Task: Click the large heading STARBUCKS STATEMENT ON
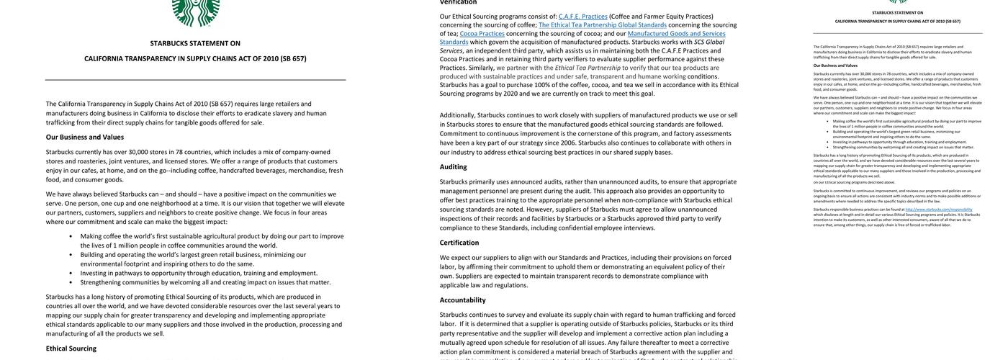[195, 43]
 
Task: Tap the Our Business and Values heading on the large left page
[84, 137]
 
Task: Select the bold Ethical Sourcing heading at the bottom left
[71, 348]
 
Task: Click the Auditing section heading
[453, 166]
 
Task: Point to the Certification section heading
[459, 243]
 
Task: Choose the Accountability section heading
[462, 300]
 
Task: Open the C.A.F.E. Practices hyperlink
[582, 16]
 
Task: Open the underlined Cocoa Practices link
[482, 33]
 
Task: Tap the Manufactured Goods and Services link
[676, 33]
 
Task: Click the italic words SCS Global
[709, 42]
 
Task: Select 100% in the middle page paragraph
[542, 85]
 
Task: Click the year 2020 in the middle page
[510, 94]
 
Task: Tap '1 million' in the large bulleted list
[125, 246]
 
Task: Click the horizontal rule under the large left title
[195, 79]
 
